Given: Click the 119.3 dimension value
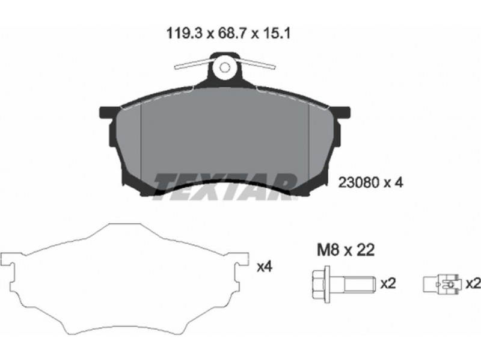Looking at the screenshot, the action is [184, 34].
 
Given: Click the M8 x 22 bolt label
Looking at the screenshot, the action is [346, 250].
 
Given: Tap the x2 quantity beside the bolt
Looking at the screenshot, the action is [388, 283].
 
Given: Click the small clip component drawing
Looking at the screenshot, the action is [442, 285].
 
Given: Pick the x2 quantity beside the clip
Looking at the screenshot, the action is [473, 283].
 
